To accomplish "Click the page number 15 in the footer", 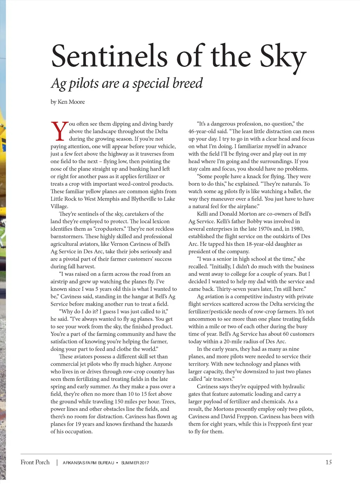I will pos(328,462).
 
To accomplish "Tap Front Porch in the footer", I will pos(35,462).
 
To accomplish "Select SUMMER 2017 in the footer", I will pos(135,463).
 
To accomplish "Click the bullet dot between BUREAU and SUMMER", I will pos(117,463).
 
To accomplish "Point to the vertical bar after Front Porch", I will pos(57,462).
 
